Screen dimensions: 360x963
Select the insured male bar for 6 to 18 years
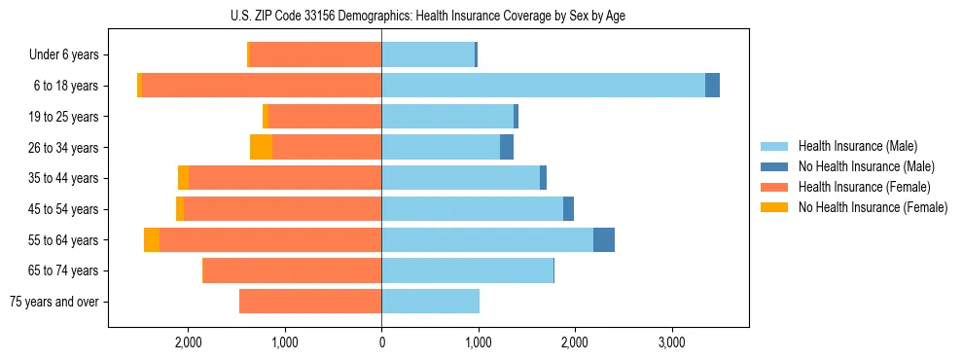click(x=543, y=86)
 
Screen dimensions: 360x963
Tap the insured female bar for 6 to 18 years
click(x=262, y=86)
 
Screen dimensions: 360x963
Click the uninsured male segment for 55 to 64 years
click(x=604, y=239)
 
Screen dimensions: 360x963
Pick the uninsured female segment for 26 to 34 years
click(x=261, y=147)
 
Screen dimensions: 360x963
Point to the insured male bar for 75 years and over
click(x=430, y=302)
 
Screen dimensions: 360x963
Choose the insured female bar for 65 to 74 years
click(x=292, y=270)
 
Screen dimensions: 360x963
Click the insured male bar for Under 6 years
click(x=427, y=54)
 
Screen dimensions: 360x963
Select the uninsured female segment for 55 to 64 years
click(x=152, y=239)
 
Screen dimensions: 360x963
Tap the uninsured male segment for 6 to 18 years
click(x=712, y=86)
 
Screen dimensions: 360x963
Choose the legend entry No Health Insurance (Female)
click(x=872, y=207)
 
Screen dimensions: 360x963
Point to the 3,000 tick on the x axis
click(x=671, y=342)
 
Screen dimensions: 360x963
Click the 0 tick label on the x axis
click(x=381, y=342)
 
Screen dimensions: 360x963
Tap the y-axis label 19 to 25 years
click(x=65, y=117)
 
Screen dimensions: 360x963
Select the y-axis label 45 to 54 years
click(x=65, y=209)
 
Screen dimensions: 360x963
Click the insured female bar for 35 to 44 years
click(x=285, y=178)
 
